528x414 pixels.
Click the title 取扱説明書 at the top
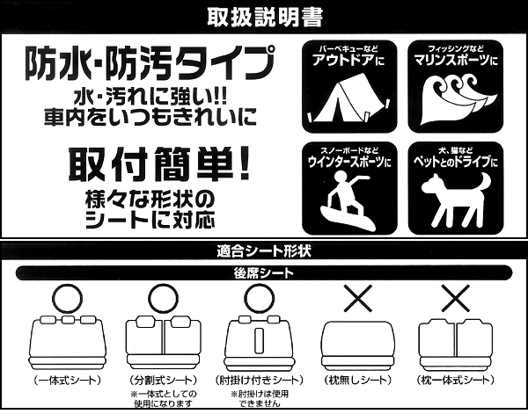pos(265,17)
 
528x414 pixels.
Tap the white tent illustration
pos(348,100)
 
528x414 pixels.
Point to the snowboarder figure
pos(348,200)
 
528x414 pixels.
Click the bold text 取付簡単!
pos(159,164)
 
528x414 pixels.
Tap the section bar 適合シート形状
pos(264,251)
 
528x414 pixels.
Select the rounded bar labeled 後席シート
pos(264,272)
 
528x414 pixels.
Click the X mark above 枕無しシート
pos(357,298)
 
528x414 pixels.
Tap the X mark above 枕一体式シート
pos(455,298)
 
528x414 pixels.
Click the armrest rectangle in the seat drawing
pos(259,340)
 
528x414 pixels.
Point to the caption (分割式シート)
pos(164,381)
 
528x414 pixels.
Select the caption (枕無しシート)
pos(357,381)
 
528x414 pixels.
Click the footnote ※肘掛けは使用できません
pos(260,398)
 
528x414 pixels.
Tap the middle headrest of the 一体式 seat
pos(68,319)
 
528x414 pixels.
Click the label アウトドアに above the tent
pos(348,60)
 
